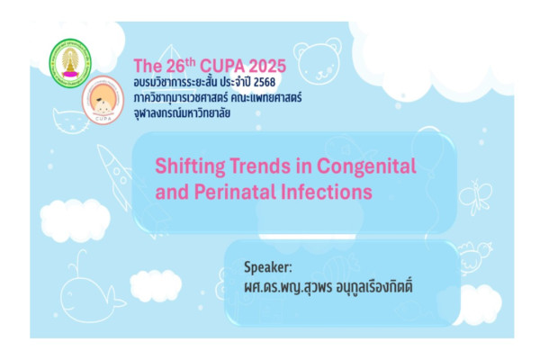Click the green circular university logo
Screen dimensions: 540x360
pyautogui.click(x=70, y=63)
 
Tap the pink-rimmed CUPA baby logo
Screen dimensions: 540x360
pyautogui.click(x=103, y=100)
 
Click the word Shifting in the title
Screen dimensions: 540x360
pyautogui.click(x=190, y=166)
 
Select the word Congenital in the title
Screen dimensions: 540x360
pyautogui.click(x=366, y=166)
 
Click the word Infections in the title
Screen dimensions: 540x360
pyautogui.click(x=327, y=192)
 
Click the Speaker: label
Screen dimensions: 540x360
pyautogui.click(x=268, y=267)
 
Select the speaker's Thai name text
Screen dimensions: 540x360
pyautogui.click(x=328, y=287)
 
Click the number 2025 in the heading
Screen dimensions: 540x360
pyautogui.click(x=267, y=66)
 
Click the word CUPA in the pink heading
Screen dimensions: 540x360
pyautogui.click(x=222, y=66)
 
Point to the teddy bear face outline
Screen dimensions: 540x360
pyautogui.click(x=318, y=61)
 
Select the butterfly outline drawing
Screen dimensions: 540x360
pyautogui.click(x=475, y=196)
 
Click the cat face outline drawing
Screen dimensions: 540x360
pyautogui.click(x=70, y=121)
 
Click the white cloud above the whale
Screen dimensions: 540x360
pyautogui.click(x=75, y=220)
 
